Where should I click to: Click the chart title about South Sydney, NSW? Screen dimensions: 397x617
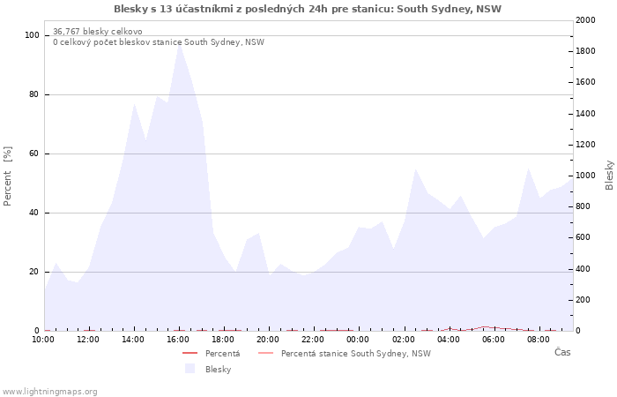coord(308,9)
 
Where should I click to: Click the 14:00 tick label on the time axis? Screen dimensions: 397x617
coord(133,339)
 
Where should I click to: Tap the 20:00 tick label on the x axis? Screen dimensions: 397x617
coord(269,339)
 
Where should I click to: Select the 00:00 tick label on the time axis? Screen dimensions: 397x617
coord(359,339)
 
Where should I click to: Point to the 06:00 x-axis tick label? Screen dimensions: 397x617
coord(494,339)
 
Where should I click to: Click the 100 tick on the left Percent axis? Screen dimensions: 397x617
coord(33,35)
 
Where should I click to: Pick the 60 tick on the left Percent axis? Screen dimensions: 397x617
coord(34,154)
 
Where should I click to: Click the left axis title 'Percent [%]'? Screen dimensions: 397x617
coord(8,176)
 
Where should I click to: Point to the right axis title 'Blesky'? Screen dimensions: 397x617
coord(609,175)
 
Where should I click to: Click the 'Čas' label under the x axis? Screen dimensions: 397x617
coord(562,353)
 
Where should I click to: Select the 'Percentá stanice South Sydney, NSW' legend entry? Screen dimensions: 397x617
coord(355,354)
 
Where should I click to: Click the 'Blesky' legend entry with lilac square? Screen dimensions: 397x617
coord(218,370)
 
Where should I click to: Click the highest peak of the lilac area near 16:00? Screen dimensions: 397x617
coord(179,44)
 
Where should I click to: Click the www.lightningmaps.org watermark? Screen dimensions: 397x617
coord(49,392)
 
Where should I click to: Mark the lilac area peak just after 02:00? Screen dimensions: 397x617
coord(415,169)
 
